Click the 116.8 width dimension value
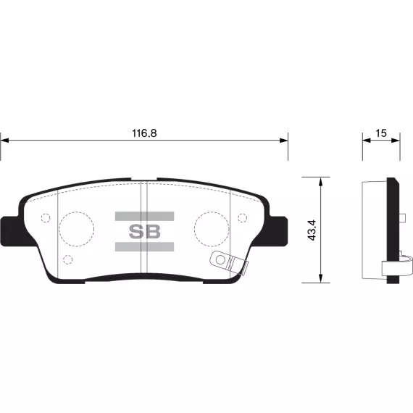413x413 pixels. point(144,133)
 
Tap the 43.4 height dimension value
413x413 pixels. point(312,230)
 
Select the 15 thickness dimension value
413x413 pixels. point(381,133)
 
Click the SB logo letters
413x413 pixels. point(145,232)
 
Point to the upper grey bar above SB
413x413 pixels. point(145,216)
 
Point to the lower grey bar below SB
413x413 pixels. point(145,246)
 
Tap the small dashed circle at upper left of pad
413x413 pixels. point(46,214)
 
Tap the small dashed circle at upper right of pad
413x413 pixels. point(242,214)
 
